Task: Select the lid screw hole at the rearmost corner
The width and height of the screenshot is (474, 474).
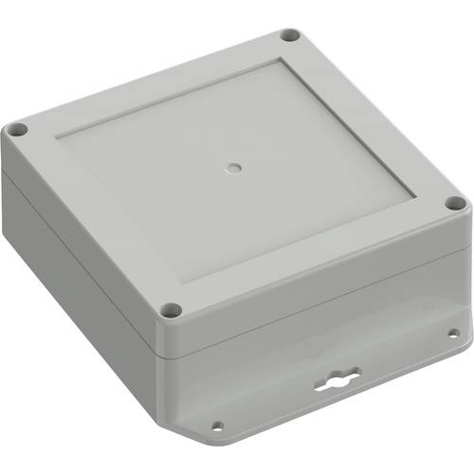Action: (290, 35)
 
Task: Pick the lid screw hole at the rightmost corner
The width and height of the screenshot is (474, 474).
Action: (455, 202)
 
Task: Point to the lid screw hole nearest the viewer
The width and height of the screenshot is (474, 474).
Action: (172, 309)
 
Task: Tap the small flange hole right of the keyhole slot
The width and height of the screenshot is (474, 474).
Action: (453, 333)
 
